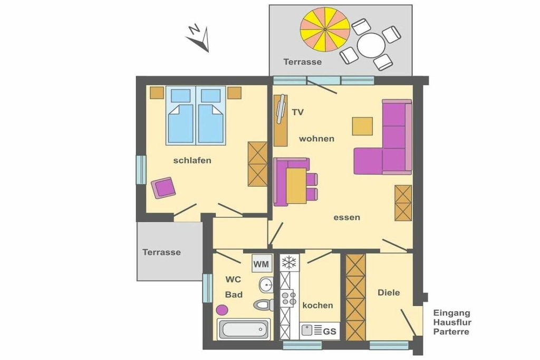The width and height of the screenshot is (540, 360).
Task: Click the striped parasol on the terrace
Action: click(x=325, y=30)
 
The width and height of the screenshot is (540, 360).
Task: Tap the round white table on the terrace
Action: click(x=371, y=45)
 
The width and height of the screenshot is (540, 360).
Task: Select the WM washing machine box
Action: click(x=262, y=264)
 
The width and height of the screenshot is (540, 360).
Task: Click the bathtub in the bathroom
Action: click(x=244, y=329)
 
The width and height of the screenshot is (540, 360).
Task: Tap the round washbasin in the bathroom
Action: click(x=266, y=285)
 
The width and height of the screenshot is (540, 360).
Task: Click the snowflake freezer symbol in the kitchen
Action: click(x=290, y=263)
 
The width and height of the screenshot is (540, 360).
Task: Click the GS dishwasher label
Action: click(x=330, y=332)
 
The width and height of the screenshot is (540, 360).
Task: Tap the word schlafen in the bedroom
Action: click(x=192, y=160)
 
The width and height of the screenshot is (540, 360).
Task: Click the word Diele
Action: click(x=389, y=293)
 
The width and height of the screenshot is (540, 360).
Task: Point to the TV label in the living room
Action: click(x=298, y=112)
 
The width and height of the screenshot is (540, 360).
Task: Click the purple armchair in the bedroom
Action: click(x=163, y=188)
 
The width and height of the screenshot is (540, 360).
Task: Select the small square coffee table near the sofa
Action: click(x=362, y=127)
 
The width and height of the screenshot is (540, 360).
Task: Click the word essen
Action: click(x=347, y=218)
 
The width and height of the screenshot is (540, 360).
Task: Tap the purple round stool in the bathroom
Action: click(x=222, y=310)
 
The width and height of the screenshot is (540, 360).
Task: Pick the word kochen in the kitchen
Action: click(x=317, y=305)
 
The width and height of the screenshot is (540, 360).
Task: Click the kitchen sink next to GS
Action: click(x=307, y=330)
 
